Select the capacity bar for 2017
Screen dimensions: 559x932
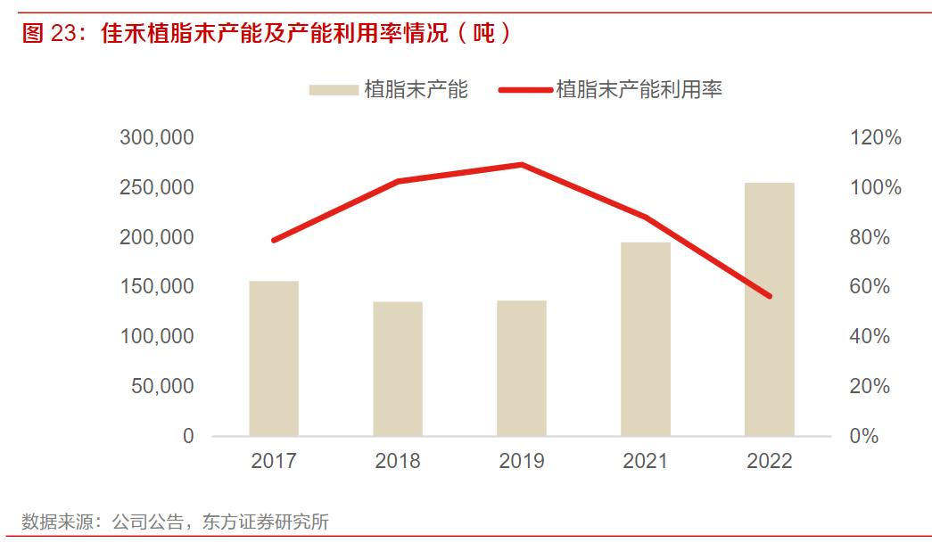tap(274, 358)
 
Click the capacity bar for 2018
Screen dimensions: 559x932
tap(398, 368)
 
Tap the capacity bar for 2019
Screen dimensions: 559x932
tap(522, 368)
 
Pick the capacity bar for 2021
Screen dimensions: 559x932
tap(646, 339)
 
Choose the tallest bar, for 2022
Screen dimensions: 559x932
tap(770, 309)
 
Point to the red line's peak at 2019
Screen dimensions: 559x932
tap(522, 164)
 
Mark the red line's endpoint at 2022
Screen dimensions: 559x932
tap(770, 296)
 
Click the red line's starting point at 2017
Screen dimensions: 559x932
tap(274, 241)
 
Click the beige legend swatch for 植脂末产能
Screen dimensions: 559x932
tap(333, 89)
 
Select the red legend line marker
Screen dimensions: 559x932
tap(524, 89)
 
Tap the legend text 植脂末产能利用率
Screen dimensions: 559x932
tap(639, 89)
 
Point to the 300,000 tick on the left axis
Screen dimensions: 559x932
tap(157, 138)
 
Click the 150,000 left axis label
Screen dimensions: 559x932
tap(157, 287)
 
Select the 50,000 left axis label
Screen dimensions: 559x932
tap(162, 386)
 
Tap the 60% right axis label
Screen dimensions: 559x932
tap(868, 287)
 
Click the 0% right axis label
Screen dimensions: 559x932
tap(862, 436)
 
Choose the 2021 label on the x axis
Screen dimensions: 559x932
tap(646, 461)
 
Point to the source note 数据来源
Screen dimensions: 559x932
tap(50, 522)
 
